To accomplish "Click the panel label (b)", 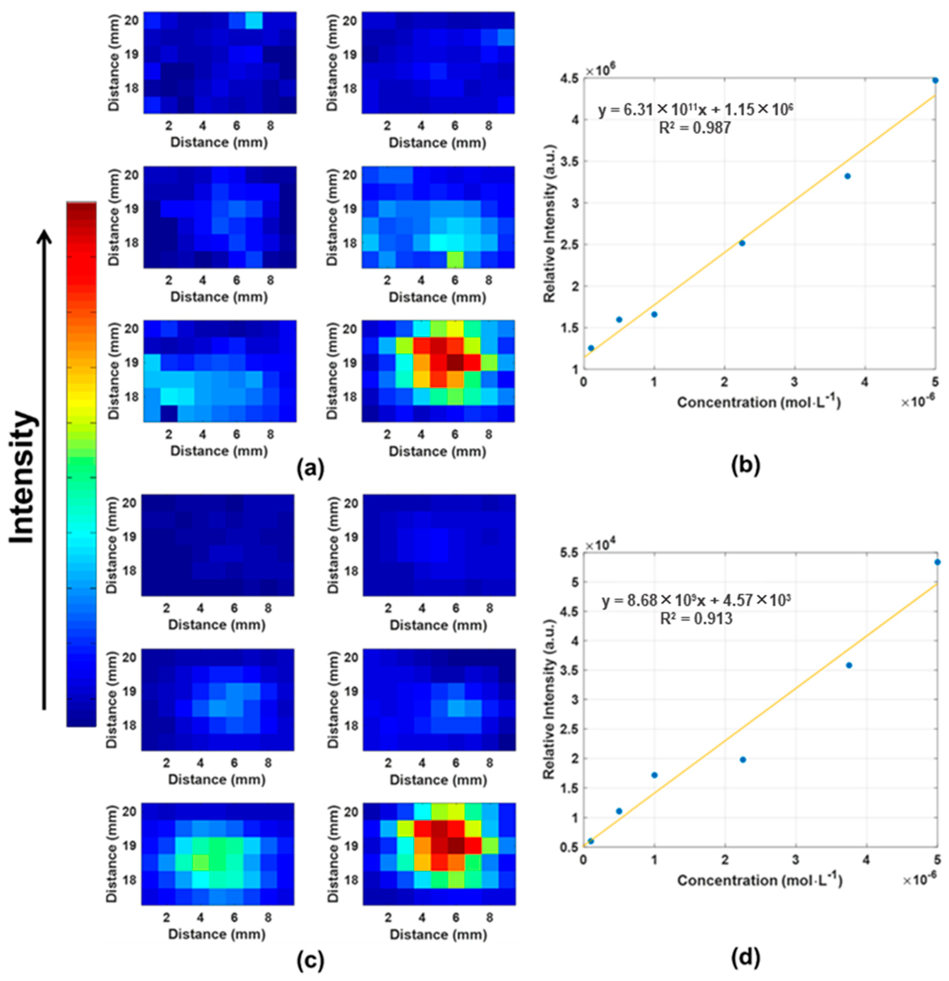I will point(746,465).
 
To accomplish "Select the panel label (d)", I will point(746,957).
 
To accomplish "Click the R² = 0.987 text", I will point(695,128).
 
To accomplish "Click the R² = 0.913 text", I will point(696,619).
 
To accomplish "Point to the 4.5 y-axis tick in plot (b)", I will point(571,78).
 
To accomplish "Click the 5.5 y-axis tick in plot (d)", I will point(571,552).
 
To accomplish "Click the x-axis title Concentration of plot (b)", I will point(758,402).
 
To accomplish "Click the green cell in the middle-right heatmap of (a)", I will point(455,259).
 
